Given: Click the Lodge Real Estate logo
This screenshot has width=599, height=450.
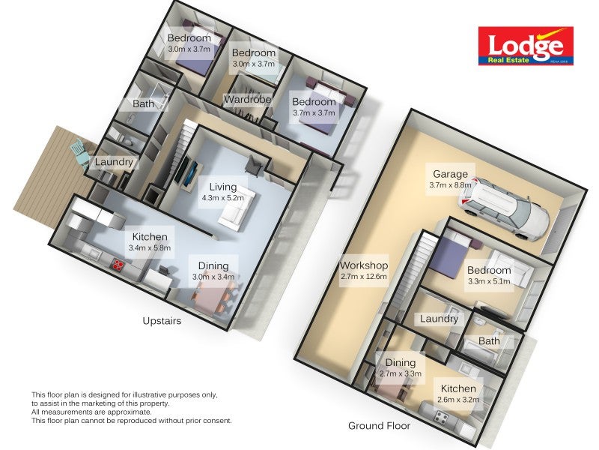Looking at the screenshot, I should pos(526,46).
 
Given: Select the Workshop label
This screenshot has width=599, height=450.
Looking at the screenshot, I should pos(363,265).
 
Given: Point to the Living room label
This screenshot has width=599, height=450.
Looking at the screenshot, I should pos(223,187).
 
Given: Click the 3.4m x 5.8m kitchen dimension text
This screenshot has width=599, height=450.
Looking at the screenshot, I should pos(150,247).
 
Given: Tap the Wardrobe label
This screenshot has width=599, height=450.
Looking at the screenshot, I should pos(246,99).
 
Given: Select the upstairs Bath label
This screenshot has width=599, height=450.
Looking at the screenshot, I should pos(144,104).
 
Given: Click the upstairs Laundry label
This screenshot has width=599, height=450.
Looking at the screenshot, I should pos(114,162).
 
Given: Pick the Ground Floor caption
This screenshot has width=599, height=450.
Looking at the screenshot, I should pos(379,425).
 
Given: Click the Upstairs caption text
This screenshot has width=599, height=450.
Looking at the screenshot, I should pos(162,320).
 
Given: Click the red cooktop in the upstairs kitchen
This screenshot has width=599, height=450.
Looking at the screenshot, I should pos(118,264).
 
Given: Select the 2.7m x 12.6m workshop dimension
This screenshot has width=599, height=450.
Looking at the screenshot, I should pos(363,277).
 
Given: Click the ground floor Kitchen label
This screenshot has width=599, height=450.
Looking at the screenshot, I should pos(457,388).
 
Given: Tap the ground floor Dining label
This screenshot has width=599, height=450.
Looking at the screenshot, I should pos(401,363).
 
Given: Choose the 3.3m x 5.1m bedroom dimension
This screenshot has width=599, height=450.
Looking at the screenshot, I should pos(488,282).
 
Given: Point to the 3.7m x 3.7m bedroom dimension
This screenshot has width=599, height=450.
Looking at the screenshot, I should pos(314,112).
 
